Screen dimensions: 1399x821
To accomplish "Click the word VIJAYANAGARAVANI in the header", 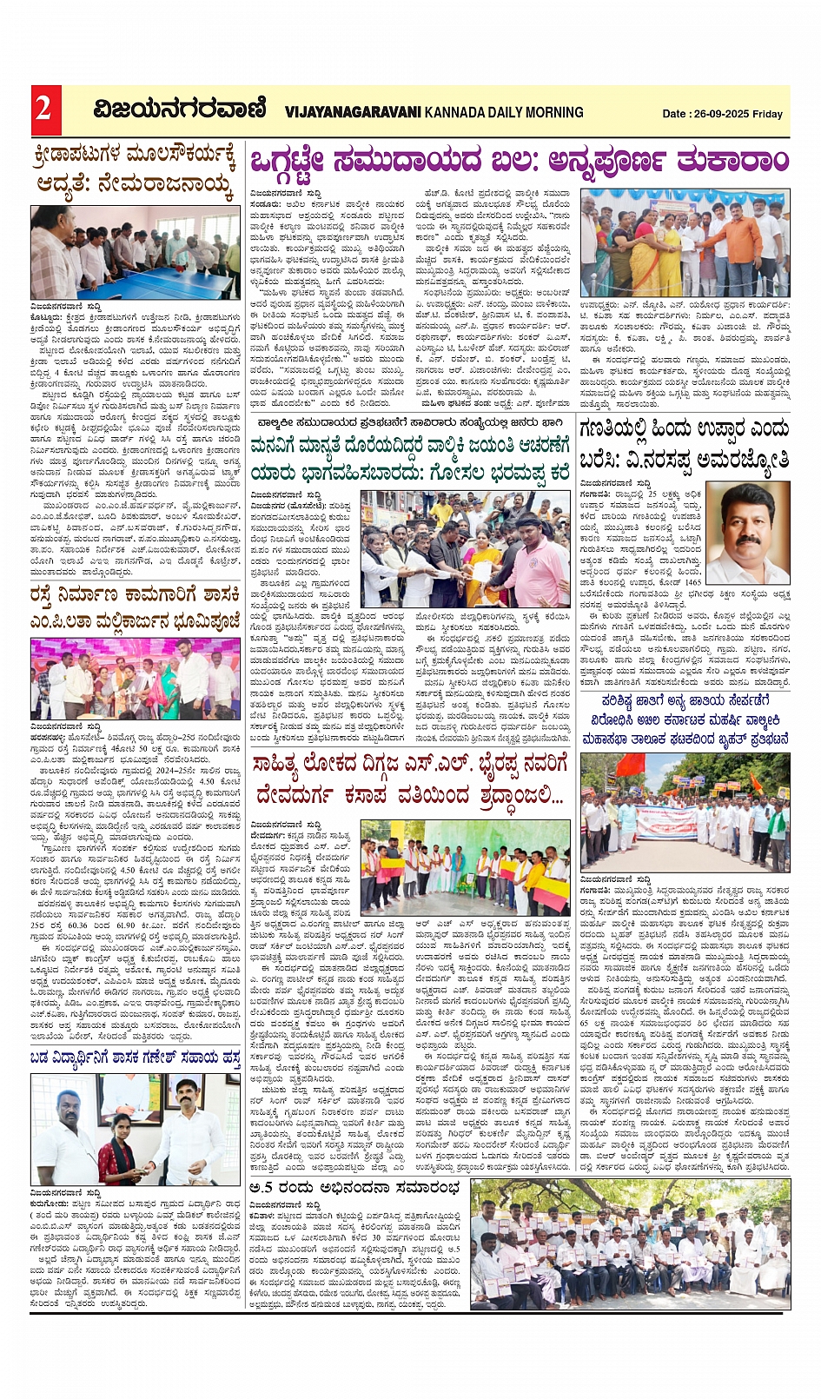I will [353, 112].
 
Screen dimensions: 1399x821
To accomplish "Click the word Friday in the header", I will [768, 114].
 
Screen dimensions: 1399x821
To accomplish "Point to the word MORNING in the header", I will [549, 112].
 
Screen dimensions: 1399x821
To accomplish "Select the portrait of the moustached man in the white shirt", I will [747, 532].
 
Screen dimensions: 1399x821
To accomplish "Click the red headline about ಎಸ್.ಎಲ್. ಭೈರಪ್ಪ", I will [410, 779].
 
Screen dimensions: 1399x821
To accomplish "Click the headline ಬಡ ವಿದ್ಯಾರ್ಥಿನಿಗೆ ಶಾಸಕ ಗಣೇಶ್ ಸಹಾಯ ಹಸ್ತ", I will [135, 1058].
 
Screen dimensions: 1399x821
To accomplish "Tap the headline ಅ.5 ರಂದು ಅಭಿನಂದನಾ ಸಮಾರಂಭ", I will [354, 1188].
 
